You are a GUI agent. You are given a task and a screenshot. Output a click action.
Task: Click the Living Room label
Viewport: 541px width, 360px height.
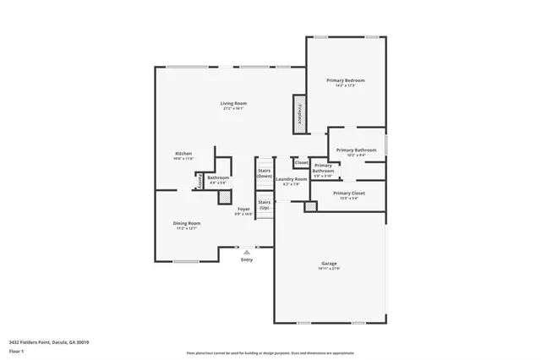[234, 103]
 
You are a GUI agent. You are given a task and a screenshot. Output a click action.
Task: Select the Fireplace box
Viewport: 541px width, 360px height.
[299, 113]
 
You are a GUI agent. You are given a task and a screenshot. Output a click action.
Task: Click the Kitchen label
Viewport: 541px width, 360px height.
[183, 153]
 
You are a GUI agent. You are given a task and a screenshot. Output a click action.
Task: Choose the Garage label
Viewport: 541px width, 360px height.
[329, 264]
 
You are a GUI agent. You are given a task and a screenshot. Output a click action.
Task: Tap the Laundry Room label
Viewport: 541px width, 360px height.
[290, 179]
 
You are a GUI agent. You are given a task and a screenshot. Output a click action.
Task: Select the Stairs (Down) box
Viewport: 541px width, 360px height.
[265, 172]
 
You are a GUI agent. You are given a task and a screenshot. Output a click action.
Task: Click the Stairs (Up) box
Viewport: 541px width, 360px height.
[265, 205]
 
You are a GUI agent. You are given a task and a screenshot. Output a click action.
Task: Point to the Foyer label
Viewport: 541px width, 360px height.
[243, 209]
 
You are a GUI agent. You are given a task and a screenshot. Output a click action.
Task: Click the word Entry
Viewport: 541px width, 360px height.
[247, 259]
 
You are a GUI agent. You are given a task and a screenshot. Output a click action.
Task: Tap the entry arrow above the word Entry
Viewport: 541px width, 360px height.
[247, 251]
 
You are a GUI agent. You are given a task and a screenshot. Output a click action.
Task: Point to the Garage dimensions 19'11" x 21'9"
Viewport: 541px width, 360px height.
[329, 269]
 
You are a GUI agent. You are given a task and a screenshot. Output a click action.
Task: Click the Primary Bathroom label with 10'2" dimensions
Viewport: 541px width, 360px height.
[356, 150]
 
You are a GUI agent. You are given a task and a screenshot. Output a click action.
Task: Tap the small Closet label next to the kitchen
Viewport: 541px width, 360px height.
[199, 181]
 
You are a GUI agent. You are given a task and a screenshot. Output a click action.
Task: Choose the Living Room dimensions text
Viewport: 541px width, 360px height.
[234, 108]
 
